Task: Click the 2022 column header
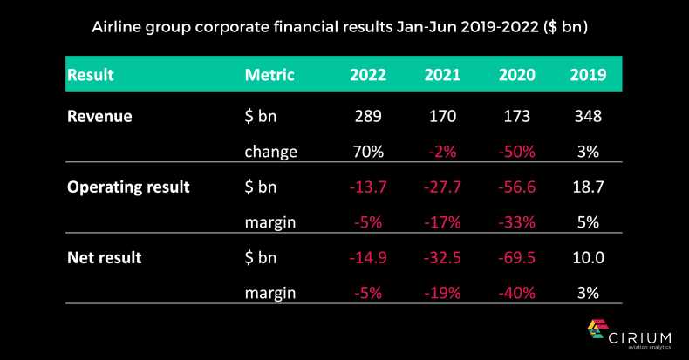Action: coord(368,75)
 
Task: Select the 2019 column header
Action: coord(588,75)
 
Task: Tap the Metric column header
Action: coord(270,75)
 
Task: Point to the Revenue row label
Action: coord(99,116)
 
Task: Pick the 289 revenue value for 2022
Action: coord(368,116)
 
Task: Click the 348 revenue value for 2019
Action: coord(588,116)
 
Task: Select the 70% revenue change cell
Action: coord(368,152)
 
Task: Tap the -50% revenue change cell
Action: coord(516,152)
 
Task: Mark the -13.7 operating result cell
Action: coord(368,187)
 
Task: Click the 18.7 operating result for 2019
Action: coord(588,187)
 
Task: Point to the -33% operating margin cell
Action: coord(516,222)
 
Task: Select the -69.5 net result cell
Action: coord(516,257)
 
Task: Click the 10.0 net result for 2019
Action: coord(588,257)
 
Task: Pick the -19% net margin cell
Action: coord(442,293)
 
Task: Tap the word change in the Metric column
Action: coord(271,152)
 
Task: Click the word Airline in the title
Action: coord(119,27)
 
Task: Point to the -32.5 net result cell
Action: coord(442,257)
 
